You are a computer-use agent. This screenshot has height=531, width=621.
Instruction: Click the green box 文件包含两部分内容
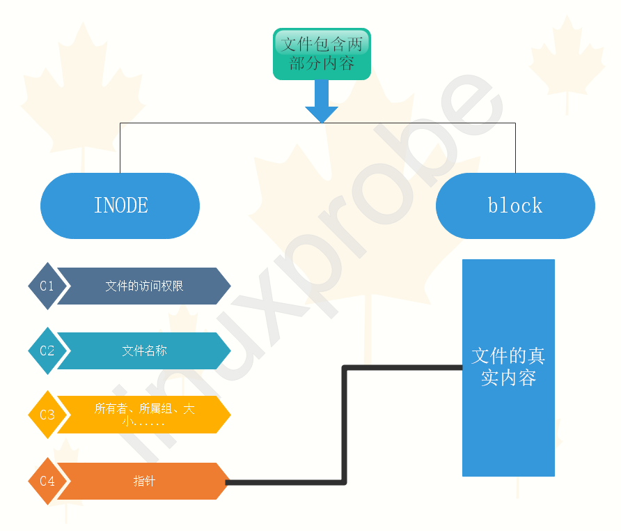pos(322,54)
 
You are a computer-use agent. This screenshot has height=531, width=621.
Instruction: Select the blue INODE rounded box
pos(120,206)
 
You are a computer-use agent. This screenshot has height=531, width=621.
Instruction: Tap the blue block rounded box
pos(515,206)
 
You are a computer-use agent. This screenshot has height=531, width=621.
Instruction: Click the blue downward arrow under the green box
pos(322,102)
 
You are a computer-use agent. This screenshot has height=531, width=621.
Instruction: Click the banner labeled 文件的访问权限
pos(143,286)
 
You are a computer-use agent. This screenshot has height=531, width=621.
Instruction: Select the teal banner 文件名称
pos(143,351)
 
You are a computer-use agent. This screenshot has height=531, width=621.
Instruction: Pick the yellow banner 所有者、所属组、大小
pos(143,415)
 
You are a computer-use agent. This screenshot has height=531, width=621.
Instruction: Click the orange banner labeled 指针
pos(143,481)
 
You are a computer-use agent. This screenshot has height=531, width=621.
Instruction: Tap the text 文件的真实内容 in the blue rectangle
pos(508,367)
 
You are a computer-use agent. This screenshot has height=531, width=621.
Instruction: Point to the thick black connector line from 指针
pos(345,425)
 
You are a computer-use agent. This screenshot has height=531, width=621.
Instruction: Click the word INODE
pos(121,206)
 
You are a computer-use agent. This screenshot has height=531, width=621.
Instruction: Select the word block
pos(515,206)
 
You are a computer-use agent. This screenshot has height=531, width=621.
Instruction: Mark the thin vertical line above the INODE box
pos(120,148)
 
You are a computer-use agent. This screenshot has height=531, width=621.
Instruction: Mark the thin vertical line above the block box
pos(515,148)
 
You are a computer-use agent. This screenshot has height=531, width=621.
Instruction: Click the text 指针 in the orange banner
pos(143,481)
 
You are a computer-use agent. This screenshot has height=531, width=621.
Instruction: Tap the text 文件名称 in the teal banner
pos(144,351)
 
